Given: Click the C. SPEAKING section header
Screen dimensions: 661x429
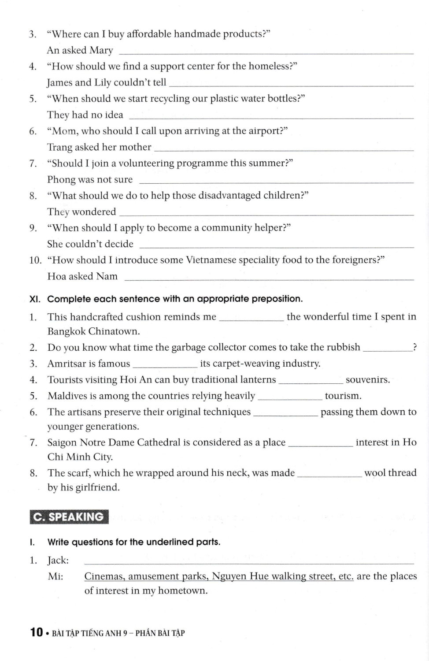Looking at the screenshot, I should pos(69,517).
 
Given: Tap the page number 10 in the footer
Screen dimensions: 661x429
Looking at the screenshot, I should pos(36,633).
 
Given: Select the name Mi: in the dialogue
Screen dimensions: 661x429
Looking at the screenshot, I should pos(55,576).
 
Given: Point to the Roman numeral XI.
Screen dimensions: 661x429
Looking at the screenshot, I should pos(35,299).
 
